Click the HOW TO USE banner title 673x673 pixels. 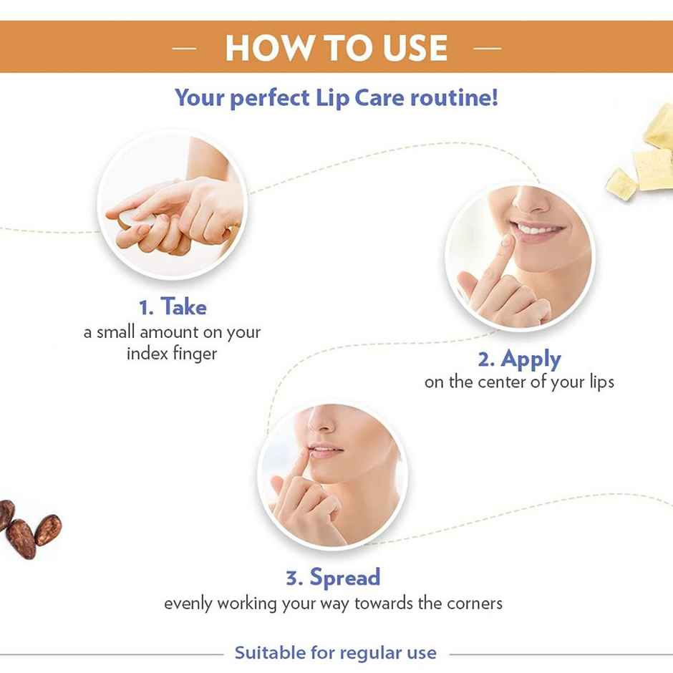point(336,48)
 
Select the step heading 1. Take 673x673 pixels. point(173,307)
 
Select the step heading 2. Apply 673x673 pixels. point(519,358)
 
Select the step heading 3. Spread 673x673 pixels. point(333,577)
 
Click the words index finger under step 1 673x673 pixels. point(172,354)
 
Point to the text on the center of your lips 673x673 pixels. point(519,382)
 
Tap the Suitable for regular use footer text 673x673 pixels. point(336,653)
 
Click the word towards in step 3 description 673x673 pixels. point(379,603)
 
